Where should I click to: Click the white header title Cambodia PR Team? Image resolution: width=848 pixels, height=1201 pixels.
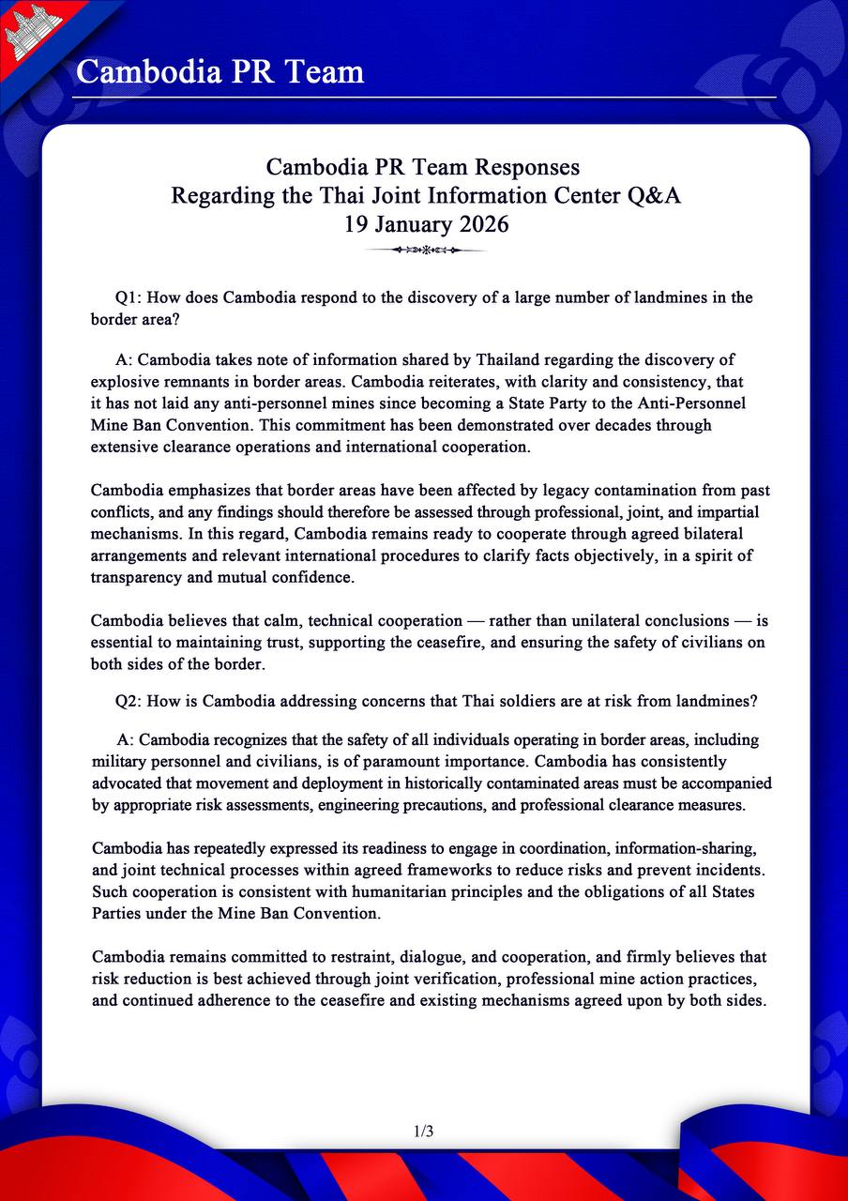tap(220, 71)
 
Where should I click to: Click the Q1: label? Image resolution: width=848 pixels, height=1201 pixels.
tap(129, 297)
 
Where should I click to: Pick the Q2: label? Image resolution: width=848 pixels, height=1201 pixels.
tap(129, 700)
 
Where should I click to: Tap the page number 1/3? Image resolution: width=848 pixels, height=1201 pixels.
tap(423, 1132)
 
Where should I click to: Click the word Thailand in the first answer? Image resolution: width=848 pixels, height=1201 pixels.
tap(510, 360)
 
